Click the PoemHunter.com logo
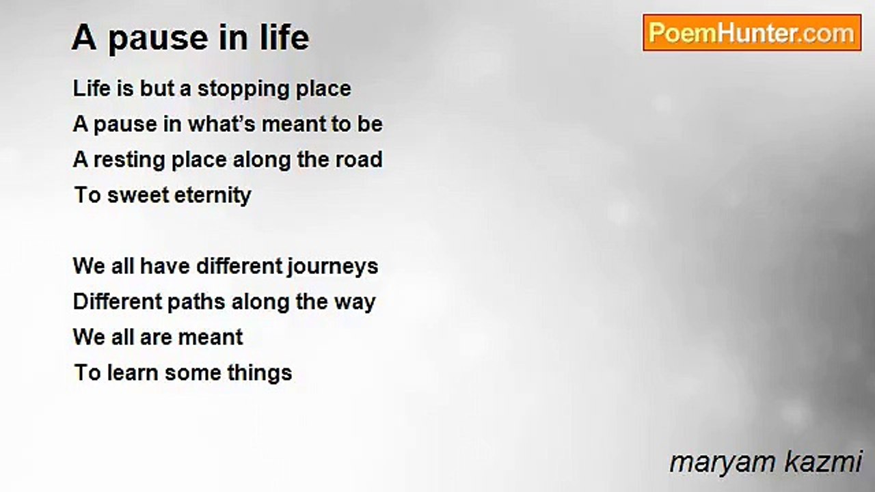coord(752,33)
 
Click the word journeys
coord(332,266)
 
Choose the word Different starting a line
coord(113,301)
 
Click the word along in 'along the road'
coord(259,160)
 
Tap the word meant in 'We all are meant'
coord(213,338)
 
